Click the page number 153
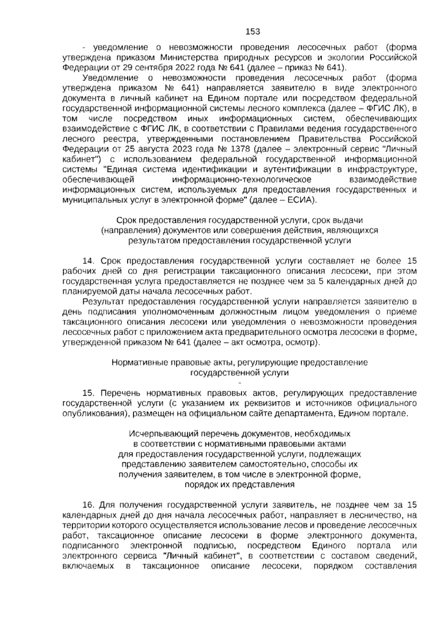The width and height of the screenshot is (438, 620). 253,32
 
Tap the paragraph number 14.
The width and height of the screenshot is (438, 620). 89,261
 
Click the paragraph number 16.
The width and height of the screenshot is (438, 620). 89,505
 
